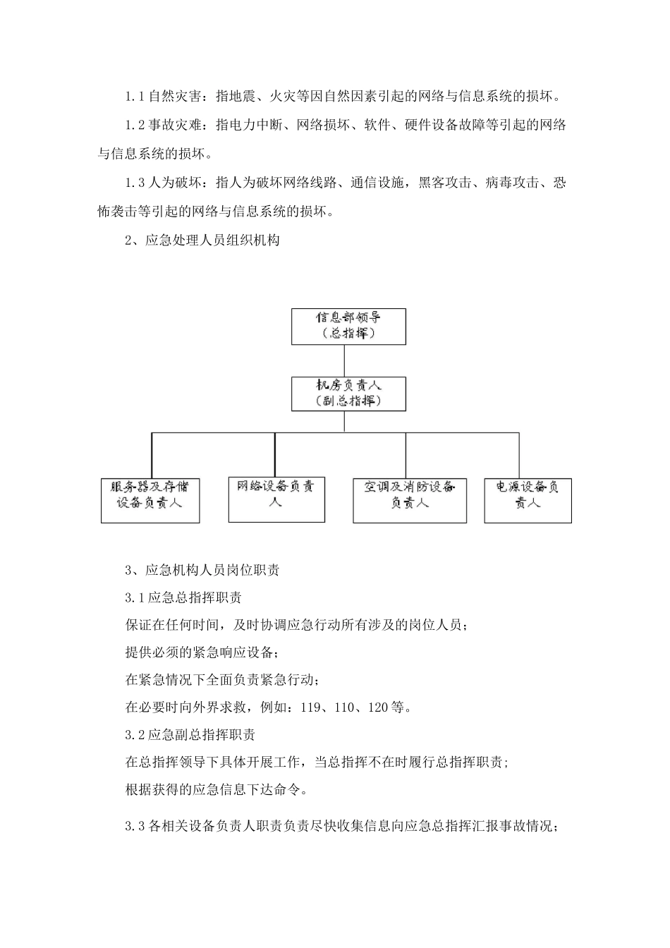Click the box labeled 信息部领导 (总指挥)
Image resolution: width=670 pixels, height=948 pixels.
tap(348, 326)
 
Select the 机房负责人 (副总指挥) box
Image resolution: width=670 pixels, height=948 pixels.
tap(348, 394)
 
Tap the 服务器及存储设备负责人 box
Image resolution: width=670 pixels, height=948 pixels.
tap(150, 500)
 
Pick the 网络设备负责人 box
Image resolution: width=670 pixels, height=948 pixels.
tap(276, 499)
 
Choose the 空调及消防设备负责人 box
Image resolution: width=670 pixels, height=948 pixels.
tap(410, 500)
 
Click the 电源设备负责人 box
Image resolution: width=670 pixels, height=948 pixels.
tap(528, 500)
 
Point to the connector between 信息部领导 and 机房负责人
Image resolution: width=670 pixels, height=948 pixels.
tap(344, 360)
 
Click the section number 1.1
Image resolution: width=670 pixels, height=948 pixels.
tap(135, 96)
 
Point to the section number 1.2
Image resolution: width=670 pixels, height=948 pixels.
tap(135, 126)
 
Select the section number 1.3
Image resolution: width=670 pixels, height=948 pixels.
tap(135, 183)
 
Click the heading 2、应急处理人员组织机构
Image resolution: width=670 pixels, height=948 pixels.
tap(202, 241)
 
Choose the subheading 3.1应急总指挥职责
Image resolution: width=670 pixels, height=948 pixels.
tap(183, 597)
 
